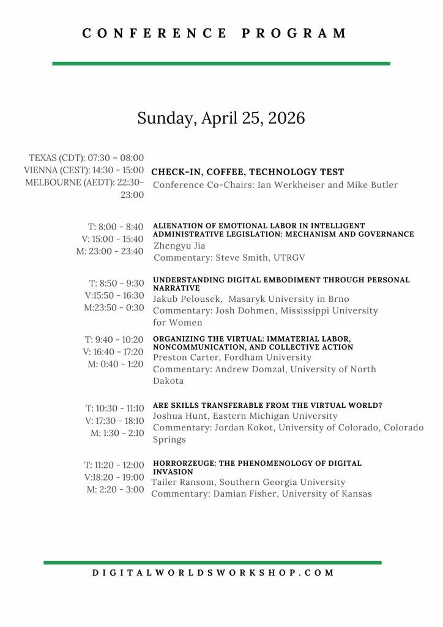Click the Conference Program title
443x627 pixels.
pyautogui.click(x=215, y=33)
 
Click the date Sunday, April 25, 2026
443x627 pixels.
pyautogui.click(x=221, y=118)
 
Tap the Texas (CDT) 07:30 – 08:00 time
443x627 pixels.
pyautogui.click(x=86, y=158)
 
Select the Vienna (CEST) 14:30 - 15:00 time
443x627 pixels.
pyautogui.click(x=84, y=170)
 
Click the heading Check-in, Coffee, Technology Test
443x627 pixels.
pyautogui.click(x=248, y=172)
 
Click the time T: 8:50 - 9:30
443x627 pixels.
pyautogui.click(x=117, y=283)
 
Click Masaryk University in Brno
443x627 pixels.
pyautogui.click(x=289, y=299)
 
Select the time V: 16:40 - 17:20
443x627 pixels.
pyautogui.click(x=113, y=351)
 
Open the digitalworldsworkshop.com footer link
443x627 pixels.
pyautogui.click(x=214, y=573)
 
